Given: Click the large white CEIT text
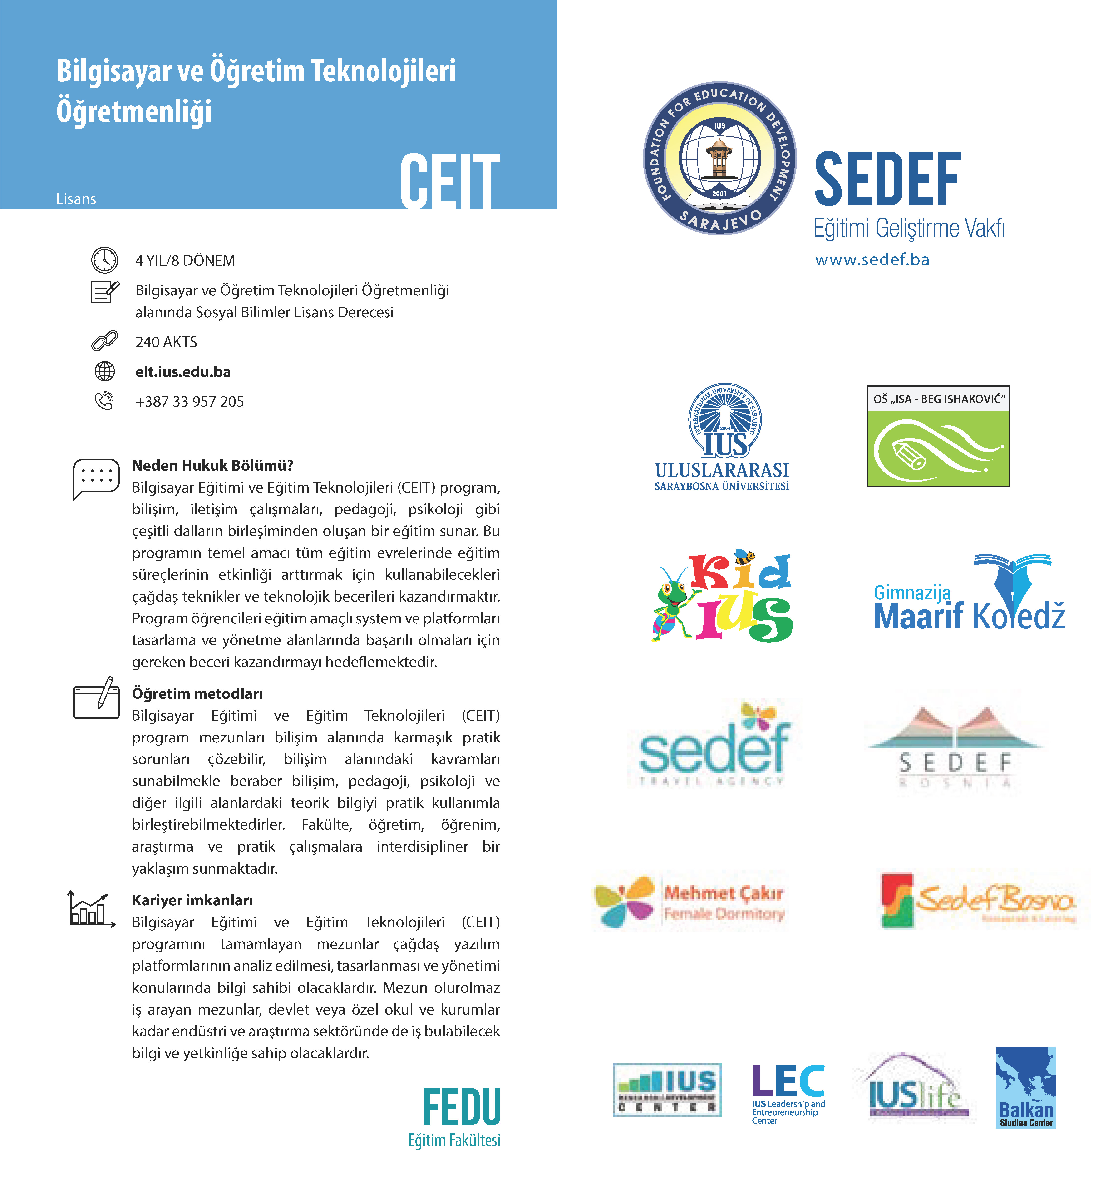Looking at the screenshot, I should point(450,181).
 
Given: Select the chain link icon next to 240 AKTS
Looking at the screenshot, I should point(104,341).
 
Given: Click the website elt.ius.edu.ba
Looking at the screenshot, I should point(183,372).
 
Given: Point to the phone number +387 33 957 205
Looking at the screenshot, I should point(189,402).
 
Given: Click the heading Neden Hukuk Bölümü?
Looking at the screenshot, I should point(212,465).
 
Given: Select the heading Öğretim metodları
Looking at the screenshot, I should point(197,693).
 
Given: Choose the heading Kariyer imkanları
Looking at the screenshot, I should point(192,900).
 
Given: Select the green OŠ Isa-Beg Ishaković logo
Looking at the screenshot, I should point(938,436).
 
